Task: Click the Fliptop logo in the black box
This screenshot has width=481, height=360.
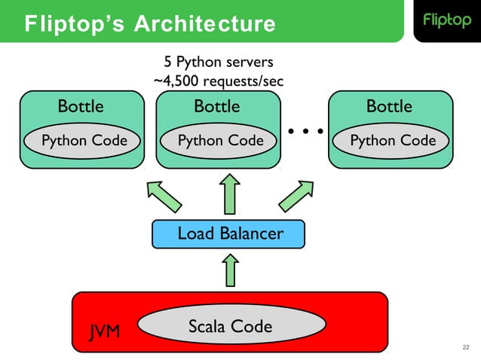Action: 447,20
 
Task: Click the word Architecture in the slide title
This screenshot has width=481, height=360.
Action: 205,23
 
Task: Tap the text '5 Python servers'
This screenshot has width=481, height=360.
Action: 219,62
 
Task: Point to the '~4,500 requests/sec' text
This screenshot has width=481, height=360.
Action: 219,81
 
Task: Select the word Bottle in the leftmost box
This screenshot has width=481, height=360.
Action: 81,106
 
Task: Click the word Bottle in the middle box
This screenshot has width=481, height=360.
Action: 217,106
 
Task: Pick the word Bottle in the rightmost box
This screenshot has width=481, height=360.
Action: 390,106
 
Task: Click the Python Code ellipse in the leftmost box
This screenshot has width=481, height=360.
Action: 82,141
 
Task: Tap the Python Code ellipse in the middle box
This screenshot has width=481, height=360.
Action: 219,141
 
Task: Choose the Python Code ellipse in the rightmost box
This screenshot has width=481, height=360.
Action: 391,141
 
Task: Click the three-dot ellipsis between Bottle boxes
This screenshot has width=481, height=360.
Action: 305,131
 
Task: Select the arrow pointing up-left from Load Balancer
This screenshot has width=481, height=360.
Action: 164,197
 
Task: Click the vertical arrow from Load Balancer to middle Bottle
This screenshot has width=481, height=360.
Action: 230,194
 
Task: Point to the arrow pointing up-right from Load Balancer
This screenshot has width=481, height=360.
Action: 296,196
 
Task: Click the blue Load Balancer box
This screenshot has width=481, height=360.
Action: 228,233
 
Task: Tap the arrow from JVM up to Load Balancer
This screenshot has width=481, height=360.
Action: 231,270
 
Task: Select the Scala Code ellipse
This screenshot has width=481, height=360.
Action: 231,325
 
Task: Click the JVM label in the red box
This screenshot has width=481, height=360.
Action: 105,332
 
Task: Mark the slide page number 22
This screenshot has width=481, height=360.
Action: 466,347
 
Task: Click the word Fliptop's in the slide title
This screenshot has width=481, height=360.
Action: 75,23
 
